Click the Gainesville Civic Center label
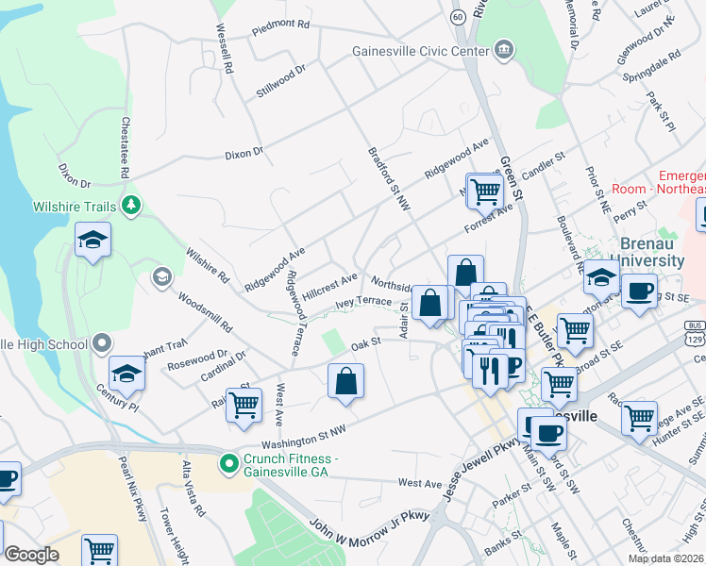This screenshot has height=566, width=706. [419, 51]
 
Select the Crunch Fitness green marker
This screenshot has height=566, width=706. [227, 463]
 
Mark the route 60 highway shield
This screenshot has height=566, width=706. [458, 17]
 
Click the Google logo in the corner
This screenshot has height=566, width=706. [31, 555]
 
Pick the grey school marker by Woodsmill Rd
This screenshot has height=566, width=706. [161, 276]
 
